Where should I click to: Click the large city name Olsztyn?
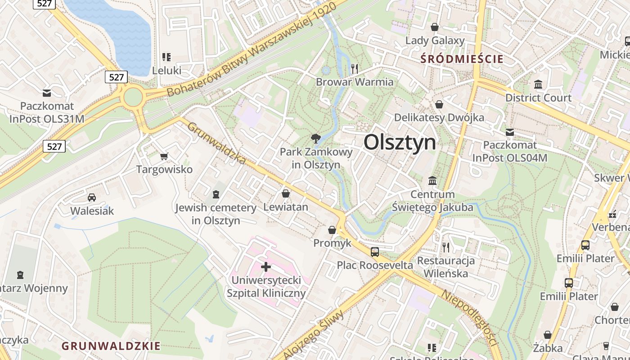tap(400, 143)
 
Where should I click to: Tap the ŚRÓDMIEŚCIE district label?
tap(462, 58)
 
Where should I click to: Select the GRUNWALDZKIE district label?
tap(111, 346)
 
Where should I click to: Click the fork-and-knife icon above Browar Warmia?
tap(355, 68)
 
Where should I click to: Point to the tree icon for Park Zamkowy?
tap(316, 139)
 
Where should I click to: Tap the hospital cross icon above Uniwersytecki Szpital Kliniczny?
tap(266, 267)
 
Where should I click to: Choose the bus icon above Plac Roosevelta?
tap(375, 252)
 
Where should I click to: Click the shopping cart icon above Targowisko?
tap(164, 156)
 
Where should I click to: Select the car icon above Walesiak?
tap(92, 197)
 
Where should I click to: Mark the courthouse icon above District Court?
tap(538, 84)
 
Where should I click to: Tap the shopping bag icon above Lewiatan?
tap(285, 193)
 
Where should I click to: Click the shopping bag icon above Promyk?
tap(332, 230)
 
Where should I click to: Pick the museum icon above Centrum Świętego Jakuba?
tap(432, 180)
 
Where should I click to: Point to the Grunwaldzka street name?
tap(216, 143)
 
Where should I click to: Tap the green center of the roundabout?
tap(133, 97)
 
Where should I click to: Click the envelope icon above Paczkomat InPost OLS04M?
tap(509, 132)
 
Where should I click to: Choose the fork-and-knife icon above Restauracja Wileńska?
tap(445, 247)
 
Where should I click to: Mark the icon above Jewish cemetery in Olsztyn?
tap(216, 194)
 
